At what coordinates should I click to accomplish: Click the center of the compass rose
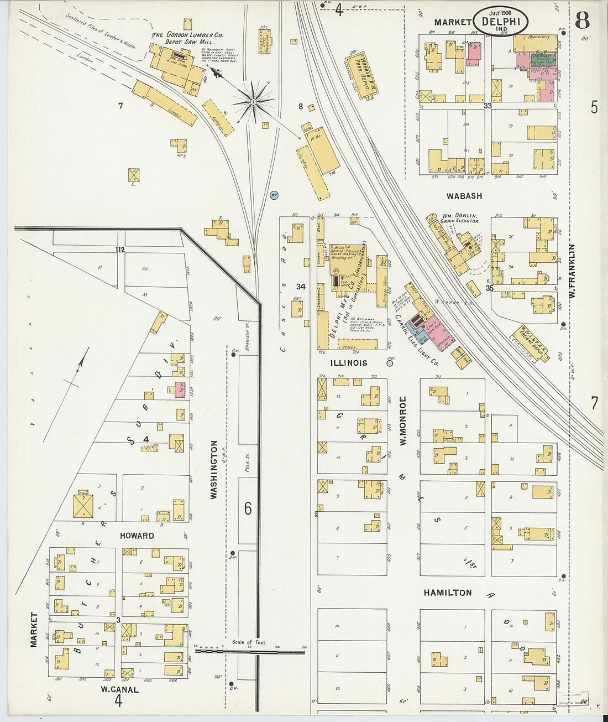253,101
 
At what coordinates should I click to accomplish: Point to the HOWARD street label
137,536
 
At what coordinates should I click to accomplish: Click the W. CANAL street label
119,689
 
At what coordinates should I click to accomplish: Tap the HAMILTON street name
447,593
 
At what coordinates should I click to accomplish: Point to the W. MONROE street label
403,421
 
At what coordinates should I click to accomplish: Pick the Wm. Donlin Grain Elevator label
460,218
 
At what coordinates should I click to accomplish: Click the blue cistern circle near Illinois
390,363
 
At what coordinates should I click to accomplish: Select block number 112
120,250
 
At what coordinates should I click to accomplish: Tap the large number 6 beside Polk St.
248,508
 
